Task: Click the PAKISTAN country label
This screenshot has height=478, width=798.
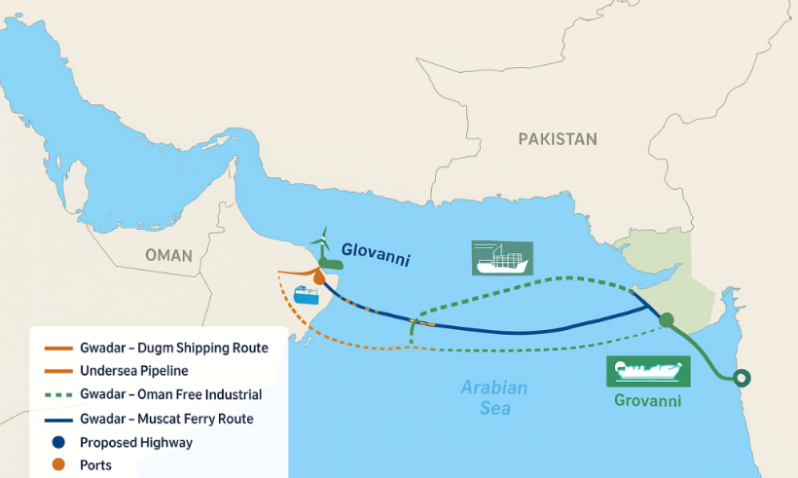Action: [x=557, y=139]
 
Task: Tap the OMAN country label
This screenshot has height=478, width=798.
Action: [x=168, y=256]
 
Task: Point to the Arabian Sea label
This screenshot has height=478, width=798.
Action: [x=493, y=397]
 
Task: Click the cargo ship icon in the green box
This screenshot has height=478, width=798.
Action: [x=501, y=258]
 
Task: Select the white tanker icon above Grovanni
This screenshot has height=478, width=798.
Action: [x=647, y=371]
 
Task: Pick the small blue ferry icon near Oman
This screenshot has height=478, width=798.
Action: [x=307, y=295]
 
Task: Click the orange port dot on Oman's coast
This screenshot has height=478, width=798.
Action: [x=318, y=277]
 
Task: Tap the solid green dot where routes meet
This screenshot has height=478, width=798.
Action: [x=666, y=319]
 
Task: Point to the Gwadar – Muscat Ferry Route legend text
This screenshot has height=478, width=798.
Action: [x=168, y=419]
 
